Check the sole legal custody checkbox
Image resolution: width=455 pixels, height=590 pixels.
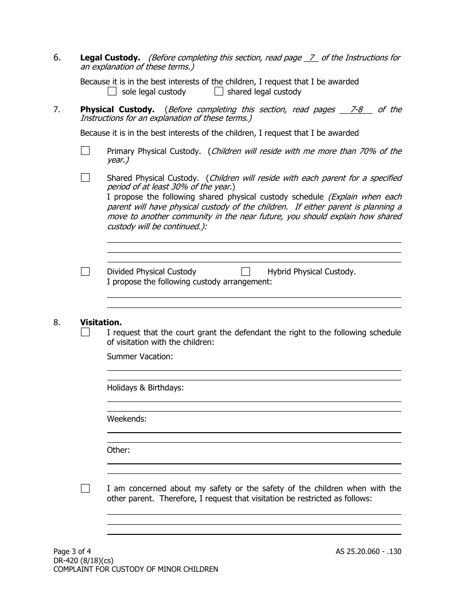[x=112, y=91]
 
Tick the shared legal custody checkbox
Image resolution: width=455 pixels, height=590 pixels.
[x=219, y=91]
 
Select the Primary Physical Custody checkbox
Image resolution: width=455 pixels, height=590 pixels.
[x=85, y=151]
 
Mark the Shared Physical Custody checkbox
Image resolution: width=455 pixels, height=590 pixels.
[x=85, y=177]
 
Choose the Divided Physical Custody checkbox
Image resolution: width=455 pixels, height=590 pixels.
[x=85, y=271]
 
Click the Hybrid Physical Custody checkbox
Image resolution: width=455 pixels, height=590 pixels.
[x=246, y=271]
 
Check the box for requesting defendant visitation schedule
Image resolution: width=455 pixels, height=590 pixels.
[x=85, y=332]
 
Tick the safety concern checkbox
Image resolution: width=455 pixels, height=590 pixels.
[x=85, y=488]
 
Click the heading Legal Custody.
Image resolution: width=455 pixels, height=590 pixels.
[x=110, y=58]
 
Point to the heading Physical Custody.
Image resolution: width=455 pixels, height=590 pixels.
[x=117, y=109]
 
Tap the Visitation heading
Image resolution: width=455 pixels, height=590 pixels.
[x=101, y=322]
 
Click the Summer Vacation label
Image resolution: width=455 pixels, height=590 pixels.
[x=140, y=356]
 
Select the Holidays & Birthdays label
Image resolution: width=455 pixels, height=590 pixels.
[x=145, y=388]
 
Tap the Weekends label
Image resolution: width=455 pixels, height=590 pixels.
[x=126, y=419]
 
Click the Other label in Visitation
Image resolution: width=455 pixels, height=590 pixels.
[x=118, y=450]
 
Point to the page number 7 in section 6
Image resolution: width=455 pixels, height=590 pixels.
[x=311, y=58]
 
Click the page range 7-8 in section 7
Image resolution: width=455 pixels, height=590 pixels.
[x=356, y=109]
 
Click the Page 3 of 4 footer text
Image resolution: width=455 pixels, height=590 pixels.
[x=72, y=552]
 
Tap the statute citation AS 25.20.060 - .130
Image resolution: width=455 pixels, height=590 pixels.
[x=368, y=552]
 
